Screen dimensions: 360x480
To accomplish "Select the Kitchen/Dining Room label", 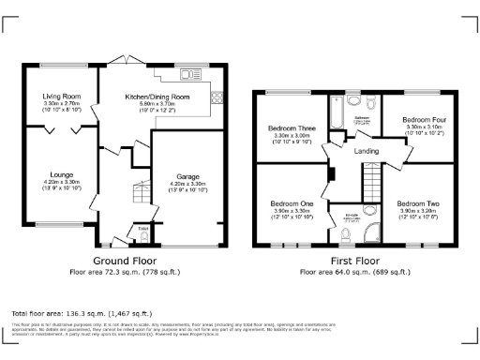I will (x=151, y=95).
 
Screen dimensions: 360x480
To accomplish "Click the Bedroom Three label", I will (x=290, y=127).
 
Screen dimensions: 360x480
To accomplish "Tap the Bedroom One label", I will (x=290, y=203).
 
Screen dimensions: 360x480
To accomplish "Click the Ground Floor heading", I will (x=125, y=260).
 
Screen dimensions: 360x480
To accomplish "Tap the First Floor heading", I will (x=354, y=260).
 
